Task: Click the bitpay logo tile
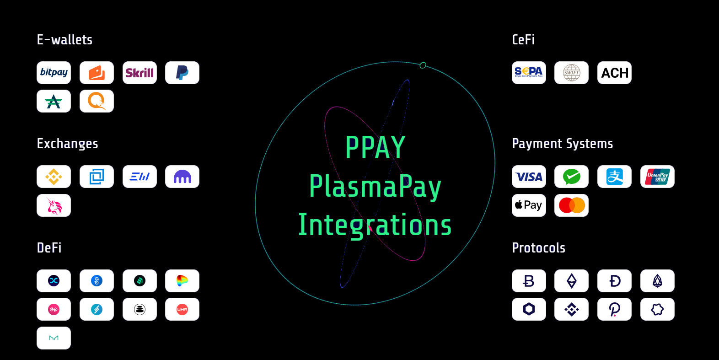[54, 73]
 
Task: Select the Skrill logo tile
[140, 73]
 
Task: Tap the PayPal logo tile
[182, 73]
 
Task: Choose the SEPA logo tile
[529, 73]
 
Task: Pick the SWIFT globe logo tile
[571, 73]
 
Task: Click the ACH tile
[614, 73]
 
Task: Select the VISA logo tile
[529, 177]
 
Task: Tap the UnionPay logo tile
[657, 177]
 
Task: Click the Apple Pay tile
[529, 205]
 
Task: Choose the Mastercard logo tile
[571, 205]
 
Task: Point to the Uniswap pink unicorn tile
[54, 205]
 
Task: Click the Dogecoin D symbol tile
[614, 281]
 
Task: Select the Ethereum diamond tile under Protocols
[571, 281]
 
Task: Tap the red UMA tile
[182, 309]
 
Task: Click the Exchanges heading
[67, 144]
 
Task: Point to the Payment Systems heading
[562, 144]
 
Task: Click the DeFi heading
[49, 248]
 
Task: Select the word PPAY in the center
[375, 147]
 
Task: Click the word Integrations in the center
[375, 225]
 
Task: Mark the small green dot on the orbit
[423, 65]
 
